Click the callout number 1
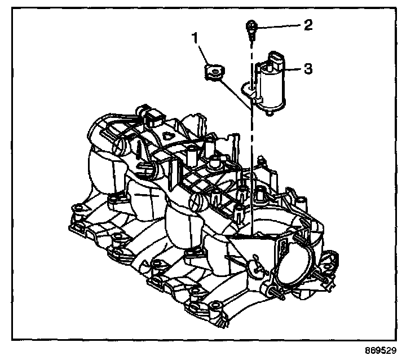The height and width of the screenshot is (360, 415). click(195, 39)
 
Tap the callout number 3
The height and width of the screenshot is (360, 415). click(307, 69)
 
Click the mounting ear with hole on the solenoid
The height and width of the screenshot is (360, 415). click(246, 88)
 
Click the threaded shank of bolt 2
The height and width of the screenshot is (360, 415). click(250, 36)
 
